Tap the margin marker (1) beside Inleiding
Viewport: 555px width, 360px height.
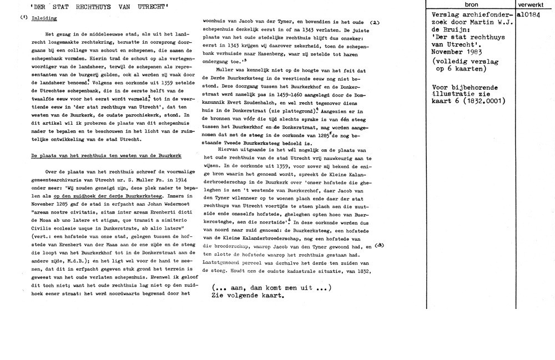coord(23,18)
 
